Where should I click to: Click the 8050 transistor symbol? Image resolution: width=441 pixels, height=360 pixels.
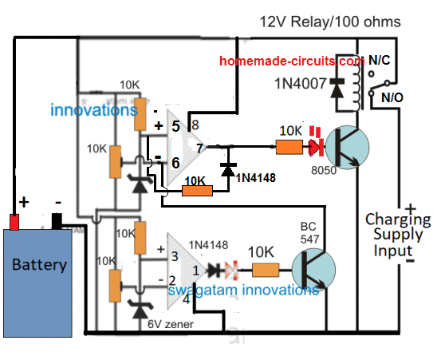pyautogui.click(x=348, y=147)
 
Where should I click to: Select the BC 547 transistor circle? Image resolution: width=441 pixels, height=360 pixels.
pyautogui.click(x=314, y=270)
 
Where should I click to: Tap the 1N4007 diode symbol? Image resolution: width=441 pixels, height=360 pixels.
pyautogui.click(x=337, y=88)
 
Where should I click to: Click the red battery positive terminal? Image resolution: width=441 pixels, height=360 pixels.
pyautogui.click(x=14, y=222)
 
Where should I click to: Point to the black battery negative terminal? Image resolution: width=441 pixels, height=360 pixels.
pyautogui.click(x=57, y=221)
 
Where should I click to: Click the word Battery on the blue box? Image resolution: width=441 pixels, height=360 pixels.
pyautogui.click(x=39, y=264)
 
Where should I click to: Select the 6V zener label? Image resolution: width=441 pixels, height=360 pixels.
pyautogui.click(x=171, y=325)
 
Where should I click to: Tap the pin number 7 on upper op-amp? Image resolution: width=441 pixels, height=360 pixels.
pyautogui.click(x=199, y=148)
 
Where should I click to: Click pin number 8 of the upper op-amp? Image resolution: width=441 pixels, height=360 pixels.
pyautogui.click(x=195, y=125)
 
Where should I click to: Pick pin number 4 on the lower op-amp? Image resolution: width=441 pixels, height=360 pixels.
pyautogui.click(x=186, y=299)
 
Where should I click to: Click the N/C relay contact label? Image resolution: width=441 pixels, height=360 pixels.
pyautogui.click(x=379, y=60)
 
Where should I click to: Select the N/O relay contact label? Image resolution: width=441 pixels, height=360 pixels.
pyautogui.click(x=392, y=97)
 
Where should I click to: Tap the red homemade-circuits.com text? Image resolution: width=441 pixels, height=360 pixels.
pyautogui.click(x=292, y=61)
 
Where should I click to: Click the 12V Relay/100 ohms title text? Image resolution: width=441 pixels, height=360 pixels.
pyautogui.click(x=330, y=22)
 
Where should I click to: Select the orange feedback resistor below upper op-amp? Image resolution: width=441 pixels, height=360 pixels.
pyautogui.click(x=198, y=191)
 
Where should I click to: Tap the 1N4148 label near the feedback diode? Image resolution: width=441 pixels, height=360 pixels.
pyautogui.click(x=256, y=178)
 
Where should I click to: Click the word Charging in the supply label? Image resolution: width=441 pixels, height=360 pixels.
pyautogui.click(x=398, y=220)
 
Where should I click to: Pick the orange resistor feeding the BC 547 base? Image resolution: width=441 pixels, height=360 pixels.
pyautogui.click(x=266, y=271)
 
